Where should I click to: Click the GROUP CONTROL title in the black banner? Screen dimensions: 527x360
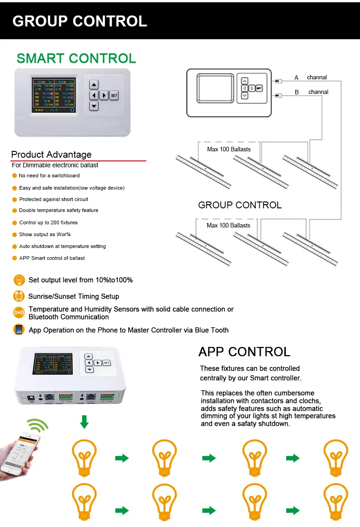coord(80,21)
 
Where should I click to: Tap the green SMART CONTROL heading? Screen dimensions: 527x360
coord(76,58)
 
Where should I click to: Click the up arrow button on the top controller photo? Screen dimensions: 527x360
coord(94,85)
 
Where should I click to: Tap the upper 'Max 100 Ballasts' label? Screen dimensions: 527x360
coord(228,149)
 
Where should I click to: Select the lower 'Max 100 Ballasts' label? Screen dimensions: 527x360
coord(228,225)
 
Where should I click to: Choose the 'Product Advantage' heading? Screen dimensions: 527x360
coord(51,155)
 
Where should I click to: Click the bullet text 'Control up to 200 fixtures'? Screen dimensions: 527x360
coord(48,222)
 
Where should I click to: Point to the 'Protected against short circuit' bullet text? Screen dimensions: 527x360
coord(53,199)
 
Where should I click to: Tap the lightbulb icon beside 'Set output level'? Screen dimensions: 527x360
coord(19,280)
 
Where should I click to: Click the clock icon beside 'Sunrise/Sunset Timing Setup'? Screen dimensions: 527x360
coord(19,296)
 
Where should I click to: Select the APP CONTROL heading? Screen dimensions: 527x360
coord(244,352)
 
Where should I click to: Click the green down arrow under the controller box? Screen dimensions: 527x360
coord(84,422)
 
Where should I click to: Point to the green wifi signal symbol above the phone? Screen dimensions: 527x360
coord(37,426)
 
